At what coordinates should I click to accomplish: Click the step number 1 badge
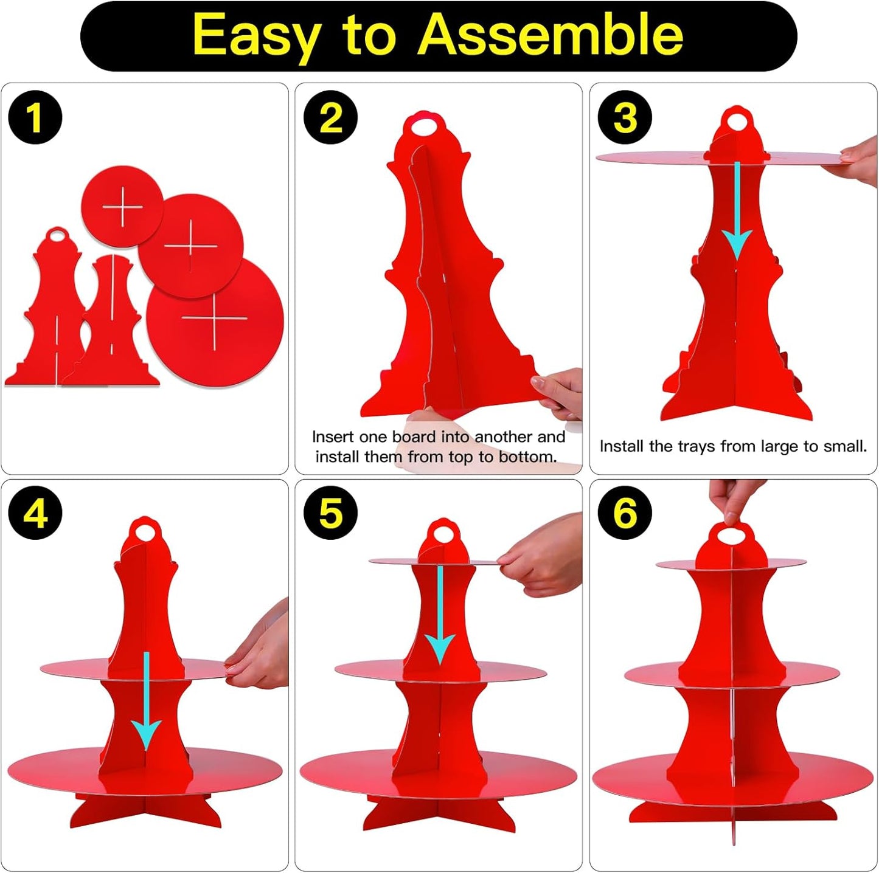35,118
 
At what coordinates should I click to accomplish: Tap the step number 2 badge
331,118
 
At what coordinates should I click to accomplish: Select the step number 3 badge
625,118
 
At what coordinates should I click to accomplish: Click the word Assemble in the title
551,35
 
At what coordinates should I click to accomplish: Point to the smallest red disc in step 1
122,207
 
